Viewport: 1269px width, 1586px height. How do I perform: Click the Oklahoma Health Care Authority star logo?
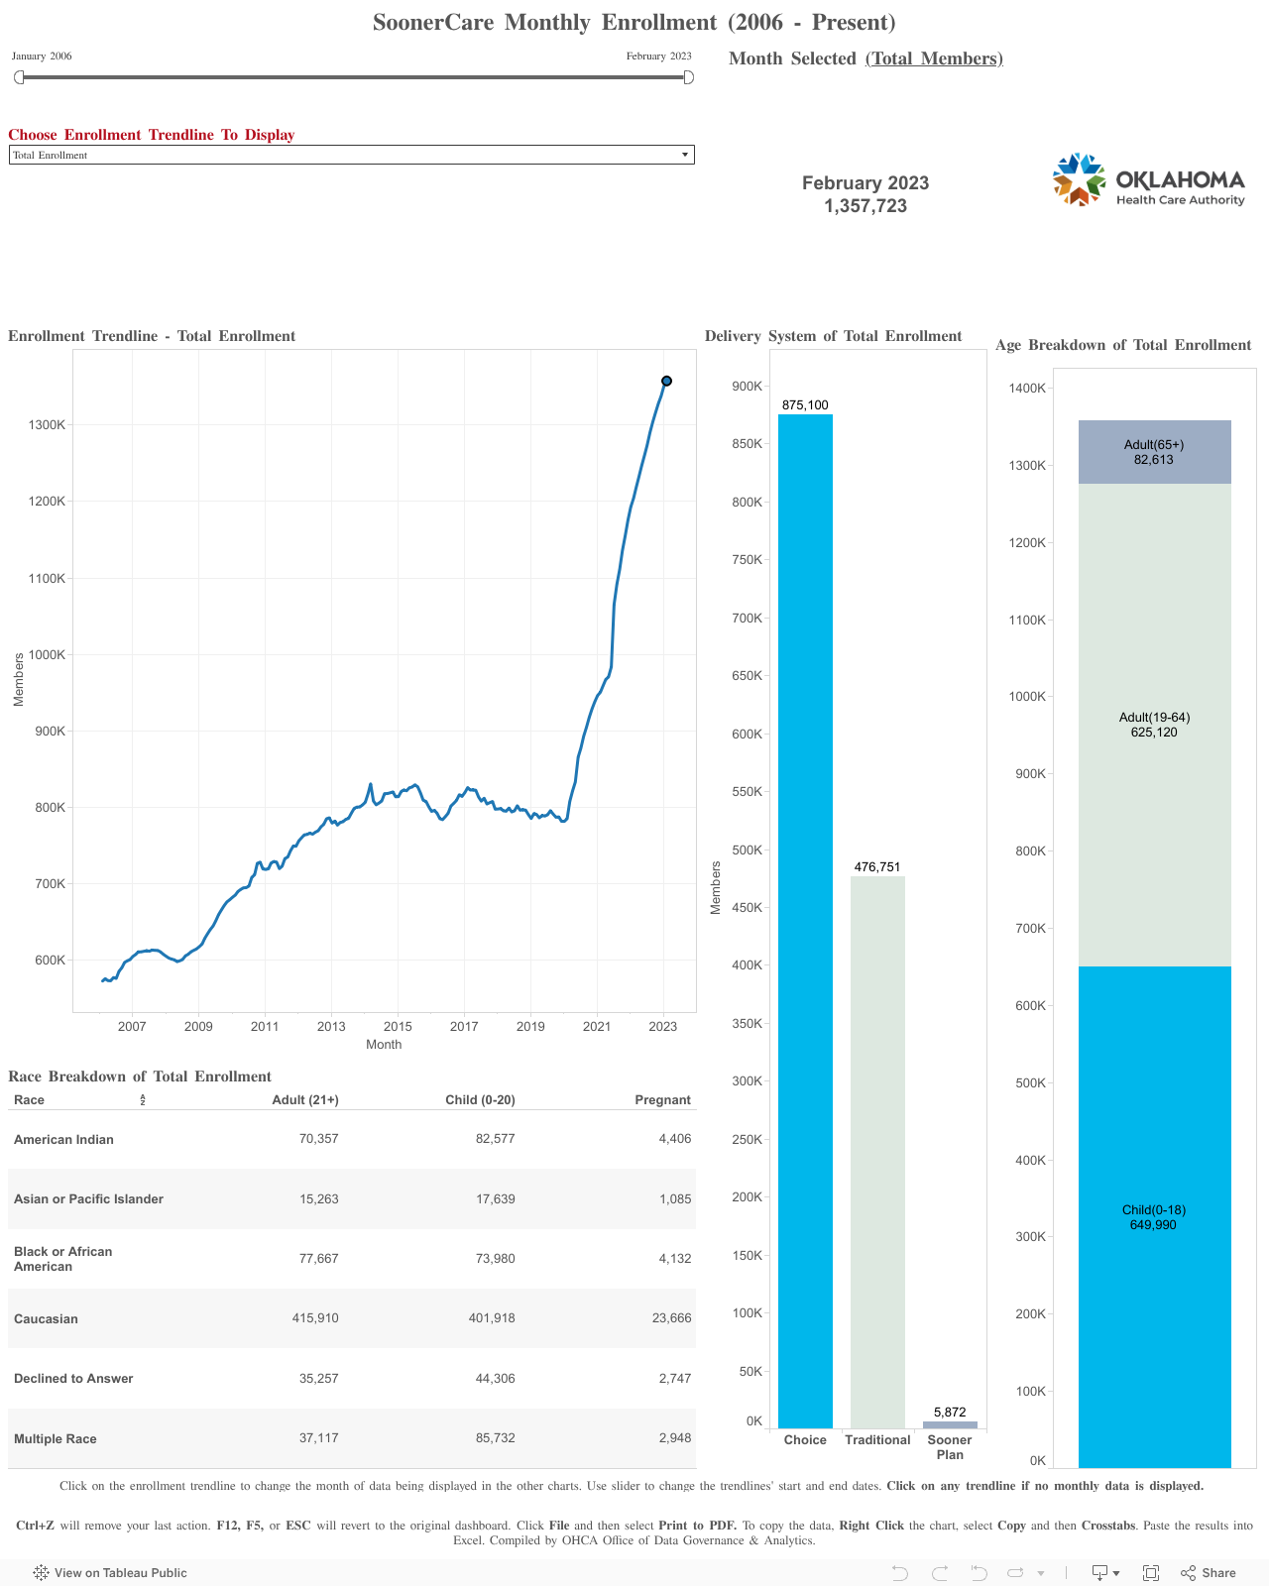pos(1079,180)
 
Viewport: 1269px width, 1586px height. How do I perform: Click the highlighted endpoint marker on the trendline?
pos(666,381)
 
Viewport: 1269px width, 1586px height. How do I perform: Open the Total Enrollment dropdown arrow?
pos(684,155)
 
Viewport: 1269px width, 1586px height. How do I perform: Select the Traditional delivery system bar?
pos(877,1150)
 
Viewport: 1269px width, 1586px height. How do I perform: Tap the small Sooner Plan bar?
pos(950,1424)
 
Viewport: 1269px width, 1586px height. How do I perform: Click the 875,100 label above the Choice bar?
pos(805,405)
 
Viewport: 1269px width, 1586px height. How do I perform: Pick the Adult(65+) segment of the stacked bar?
pos(1154,452)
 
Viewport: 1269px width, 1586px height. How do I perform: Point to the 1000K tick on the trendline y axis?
pos(48,655)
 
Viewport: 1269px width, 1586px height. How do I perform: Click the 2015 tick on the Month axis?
pos(398,1026)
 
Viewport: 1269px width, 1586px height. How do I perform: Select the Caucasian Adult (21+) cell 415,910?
pos(315,1318)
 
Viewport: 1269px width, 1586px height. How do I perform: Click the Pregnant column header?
pos(662,1100)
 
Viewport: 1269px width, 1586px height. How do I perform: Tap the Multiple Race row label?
pos(56,1438)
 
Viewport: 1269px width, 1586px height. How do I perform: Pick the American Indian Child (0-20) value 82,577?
pos(495,1139)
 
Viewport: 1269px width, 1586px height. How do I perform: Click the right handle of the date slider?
pos(689,77)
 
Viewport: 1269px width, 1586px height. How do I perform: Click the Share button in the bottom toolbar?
pos(1209,1573)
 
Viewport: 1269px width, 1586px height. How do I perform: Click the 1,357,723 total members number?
pos(865,206)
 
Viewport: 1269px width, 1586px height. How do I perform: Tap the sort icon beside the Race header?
pos(143,1100)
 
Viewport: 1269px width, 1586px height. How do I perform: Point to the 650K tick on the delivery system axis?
pos(747,676)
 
